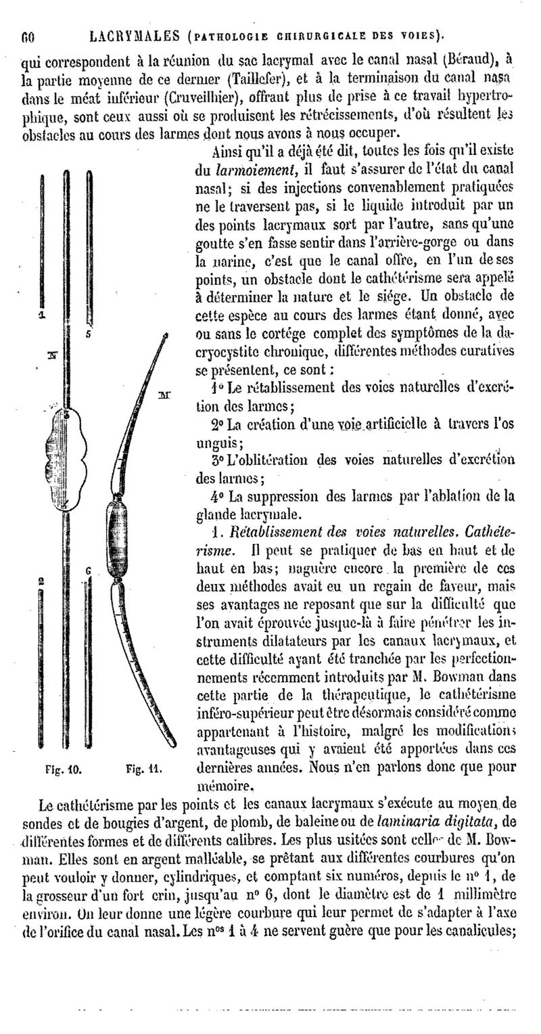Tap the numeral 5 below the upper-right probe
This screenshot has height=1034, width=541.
pyautogui.click(x=89, y=333)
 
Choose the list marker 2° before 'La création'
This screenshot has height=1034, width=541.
pyautogui.click(x=218, y=424)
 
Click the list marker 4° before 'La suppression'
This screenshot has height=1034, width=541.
pyautogui.click(x=218, y=495)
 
